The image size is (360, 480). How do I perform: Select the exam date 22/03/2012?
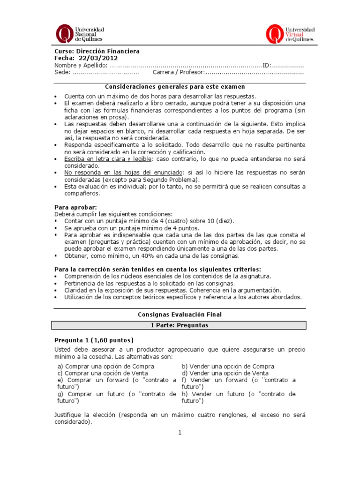tap(98, 58)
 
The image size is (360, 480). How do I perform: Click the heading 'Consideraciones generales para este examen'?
tap(175, 87)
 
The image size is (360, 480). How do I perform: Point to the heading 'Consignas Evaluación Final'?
tap(180, 315)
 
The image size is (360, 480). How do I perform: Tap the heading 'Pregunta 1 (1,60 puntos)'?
tap(94, 340)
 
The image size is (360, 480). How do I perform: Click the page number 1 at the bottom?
tap(180, 433)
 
